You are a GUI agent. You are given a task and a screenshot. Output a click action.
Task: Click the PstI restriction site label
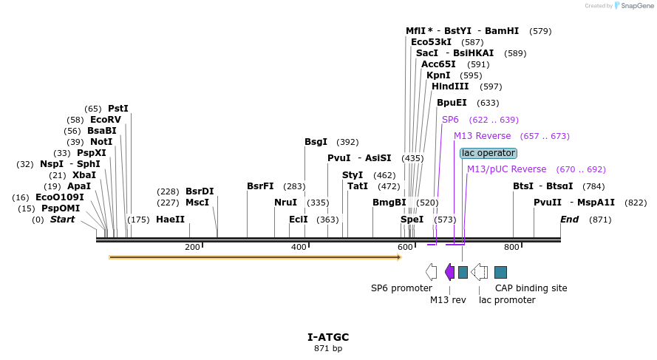118,109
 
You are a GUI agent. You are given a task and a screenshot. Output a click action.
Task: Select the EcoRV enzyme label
105,120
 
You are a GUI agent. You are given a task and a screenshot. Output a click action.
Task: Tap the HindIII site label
450,86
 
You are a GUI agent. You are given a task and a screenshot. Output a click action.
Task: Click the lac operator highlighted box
488,153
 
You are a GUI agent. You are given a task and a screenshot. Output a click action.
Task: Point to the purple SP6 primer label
450,120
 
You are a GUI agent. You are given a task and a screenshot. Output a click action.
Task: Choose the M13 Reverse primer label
482,136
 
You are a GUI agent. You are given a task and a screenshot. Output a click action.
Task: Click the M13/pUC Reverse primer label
506,169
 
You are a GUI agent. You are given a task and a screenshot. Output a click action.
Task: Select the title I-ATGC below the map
328,337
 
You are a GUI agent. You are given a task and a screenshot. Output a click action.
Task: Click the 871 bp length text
328,348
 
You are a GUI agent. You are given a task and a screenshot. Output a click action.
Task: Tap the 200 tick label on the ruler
192,247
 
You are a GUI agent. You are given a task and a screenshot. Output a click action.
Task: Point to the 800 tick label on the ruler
511,247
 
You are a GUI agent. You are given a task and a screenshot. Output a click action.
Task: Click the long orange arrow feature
255,257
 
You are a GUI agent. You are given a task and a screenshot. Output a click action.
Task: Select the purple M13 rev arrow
449,272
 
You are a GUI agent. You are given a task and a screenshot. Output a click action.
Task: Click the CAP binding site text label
531,288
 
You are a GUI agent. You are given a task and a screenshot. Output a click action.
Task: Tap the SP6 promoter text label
401,288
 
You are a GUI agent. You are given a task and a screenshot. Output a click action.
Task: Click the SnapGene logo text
635,6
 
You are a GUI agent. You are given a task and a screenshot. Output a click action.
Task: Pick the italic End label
569,220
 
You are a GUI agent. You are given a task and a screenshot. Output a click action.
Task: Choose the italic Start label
62,220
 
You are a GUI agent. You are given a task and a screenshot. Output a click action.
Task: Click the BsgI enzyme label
316,142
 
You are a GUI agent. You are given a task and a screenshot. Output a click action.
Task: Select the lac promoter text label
507,300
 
